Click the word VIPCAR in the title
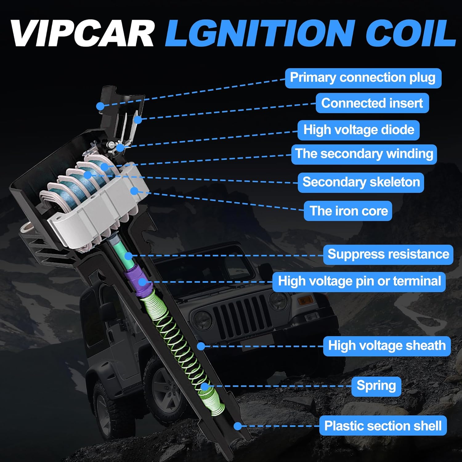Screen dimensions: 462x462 pos(83,33)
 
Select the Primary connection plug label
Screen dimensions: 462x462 pos(363,78)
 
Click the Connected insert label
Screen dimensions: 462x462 pos(372,103)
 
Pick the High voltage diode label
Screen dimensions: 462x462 pos(359,130)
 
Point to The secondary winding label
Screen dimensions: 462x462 pos(364,154)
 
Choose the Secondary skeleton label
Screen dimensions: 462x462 pos(361,182)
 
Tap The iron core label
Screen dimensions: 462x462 pos(348,211)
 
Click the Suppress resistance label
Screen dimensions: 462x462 pos(388,255)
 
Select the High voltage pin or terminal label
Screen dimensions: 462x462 pos(359,282)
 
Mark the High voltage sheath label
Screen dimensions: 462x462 pos(387,346)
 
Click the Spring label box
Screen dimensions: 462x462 pos(376,386)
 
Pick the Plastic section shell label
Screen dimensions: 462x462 pos(383,426)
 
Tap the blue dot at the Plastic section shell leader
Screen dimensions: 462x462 pos(237,426)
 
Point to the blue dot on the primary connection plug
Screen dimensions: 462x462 pos(100,106)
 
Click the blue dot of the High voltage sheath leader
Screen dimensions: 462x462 pos(201,346)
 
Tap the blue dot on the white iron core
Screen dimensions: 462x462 pos(134,191)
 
